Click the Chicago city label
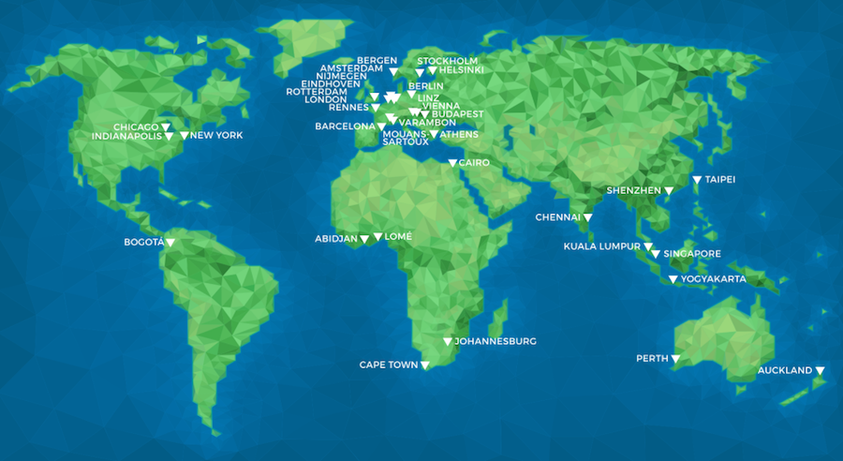coord(136,126)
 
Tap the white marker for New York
coord(185,136)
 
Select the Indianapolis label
coord(126,136)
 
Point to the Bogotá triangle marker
coord(170,243)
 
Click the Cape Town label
coord(389,364)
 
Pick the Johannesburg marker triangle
coord(448,342)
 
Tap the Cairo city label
coord(474,163)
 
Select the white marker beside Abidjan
coord(364,240)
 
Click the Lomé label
coord(398,237)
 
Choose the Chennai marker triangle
coord(588,218)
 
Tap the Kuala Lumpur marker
coord(647,247)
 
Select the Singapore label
coord(692,254)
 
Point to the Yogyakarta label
coord(714,279)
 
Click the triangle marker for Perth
coord(675,359)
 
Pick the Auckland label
coord(785,371)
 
